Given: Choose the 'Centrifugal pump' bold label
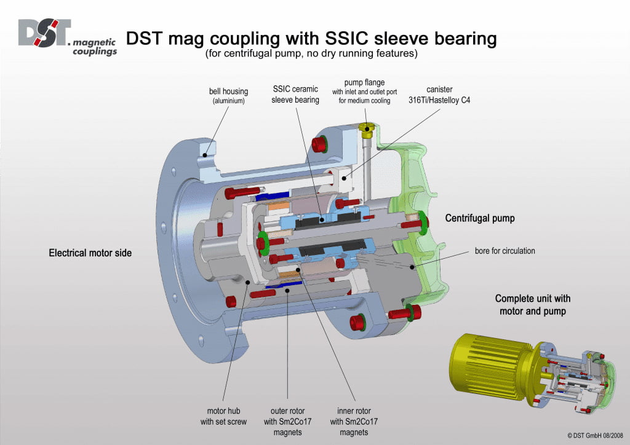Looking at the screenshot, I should pos(480,218).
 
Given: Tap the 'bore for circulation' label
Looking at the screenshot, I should pos(504,251).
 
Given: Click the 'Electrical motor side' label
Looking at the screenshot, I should pos(90,253).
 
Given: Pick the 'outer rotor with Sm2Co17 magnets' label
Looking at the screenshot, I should pos(288,421).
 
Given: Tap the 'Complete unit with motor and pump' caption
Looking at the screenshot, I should pos(533,304).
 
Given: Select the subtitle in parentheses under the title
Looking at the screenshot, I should pos(311,54).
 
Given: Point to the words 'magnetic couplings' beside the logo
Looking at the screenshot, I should pos(94,47).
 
